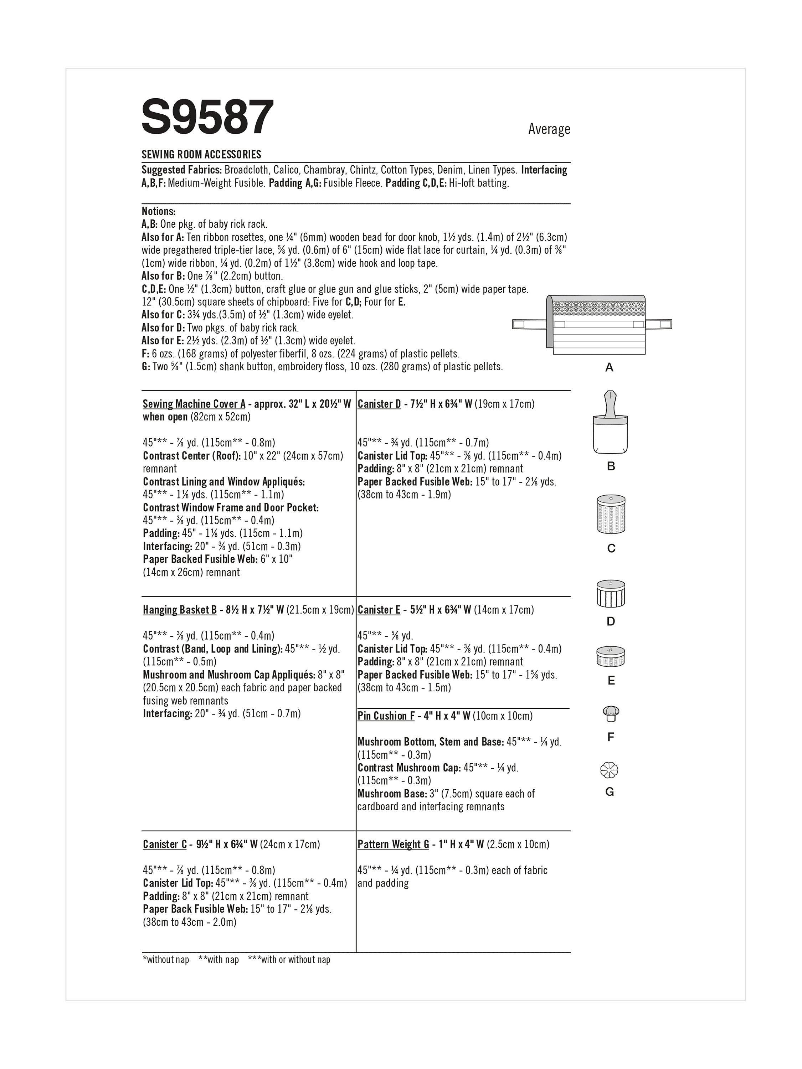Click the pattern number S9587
click(x=207, y=117)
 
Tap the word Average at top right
click(x=549, y=129)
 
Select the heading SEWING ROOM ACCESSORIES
click(x=201, y=155)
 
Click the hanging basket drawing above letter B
click(x=610, y=422)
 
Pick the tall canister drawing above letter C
click(x=611, y=514)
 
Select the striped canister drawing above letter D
click(x=611, y=593)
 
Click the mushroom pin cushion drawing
click(x=611, y=714)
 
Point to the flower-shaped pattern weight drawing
click(x=609, y=770)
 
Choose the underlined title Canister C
click(x=164, y=844)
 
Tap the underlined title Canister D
click(x=379, y=404)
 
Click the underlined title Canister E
click(x=379, y=610)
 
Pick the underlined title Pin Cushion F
click(x=386, y=716)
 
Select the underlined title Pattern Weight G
click(x=393, y=844)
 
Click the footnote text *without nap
click(x=165, y=960)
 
